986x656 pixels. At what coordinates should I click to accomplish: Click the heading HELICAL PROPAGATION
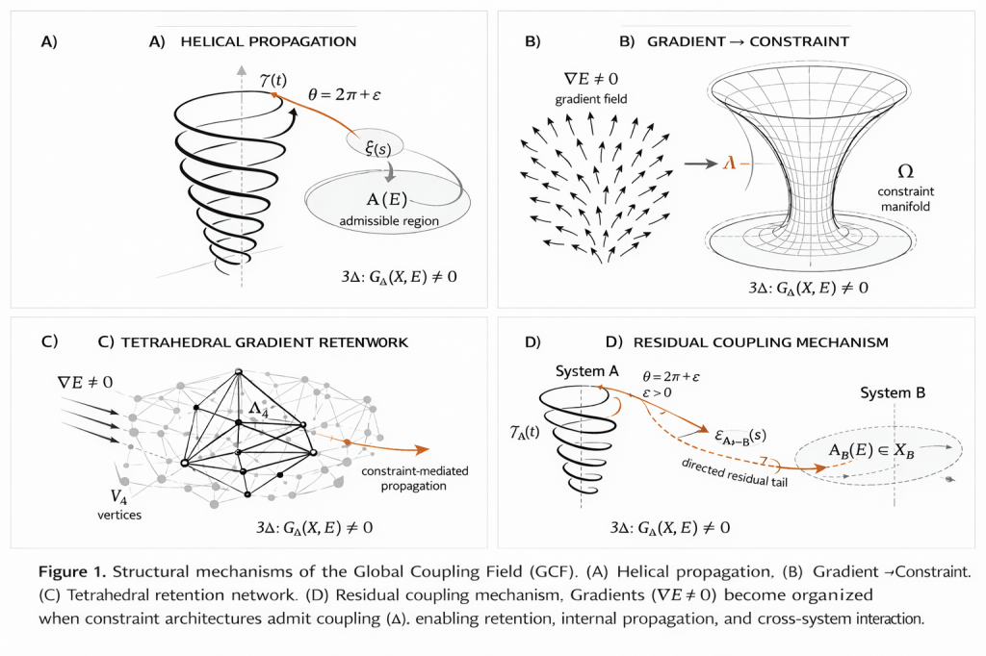(x=269, y=42)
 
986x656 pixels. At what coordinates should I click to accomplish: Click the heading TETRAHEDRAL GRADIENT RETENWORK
(x=252, y=341)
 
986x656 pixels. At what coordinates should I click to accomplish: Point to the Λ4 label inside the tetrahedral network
(x=257, y=409)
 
